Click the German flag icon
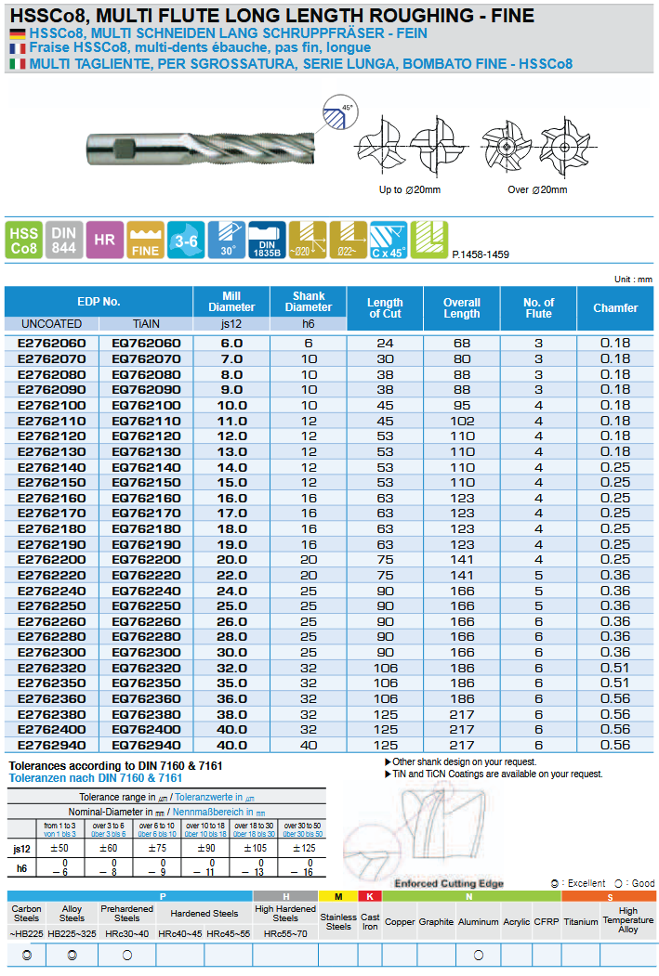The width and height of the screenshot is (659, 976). coord(17,33)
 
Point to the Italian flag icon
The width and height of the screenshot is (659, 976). coord(17,64)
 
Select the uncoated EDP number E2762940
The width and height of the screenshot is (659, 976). coord(52,746)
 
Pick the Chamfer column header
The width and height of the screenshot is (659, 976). coord(615,308)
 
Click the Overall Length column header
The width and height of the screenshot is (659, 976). coord(461,308)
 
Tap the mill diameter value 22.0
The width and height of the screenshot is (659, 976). coord(231,576)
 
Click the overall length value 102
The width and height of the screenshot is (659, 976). coord(462,421)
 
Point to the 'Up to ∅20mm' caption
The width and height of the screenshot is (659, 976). coord(409,189)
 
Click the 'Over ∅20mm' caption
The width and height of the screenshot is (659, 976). coord(536,189)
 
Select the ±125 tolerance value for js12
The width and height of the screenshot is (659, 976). coord(303,849)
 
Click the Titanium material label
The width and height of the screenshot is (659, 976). coord(581,922)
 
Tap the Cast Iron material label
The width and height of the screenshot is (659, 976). coord(370,922)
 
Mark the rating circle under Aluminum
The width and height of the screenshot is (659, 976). coord(479,955)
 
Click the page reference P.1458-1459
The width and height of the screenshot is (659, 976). coord(481,254)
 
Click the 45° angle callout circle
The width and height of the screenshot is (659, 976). coord(339,114)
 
